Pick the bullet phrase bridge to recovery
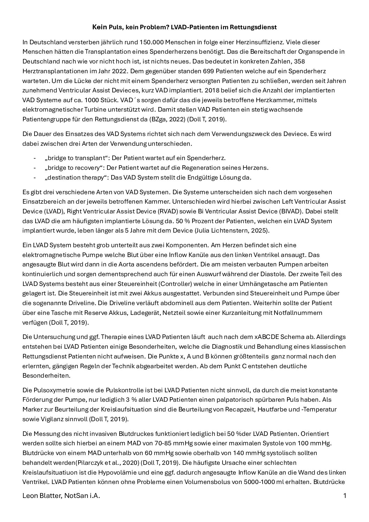(73, 168)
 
